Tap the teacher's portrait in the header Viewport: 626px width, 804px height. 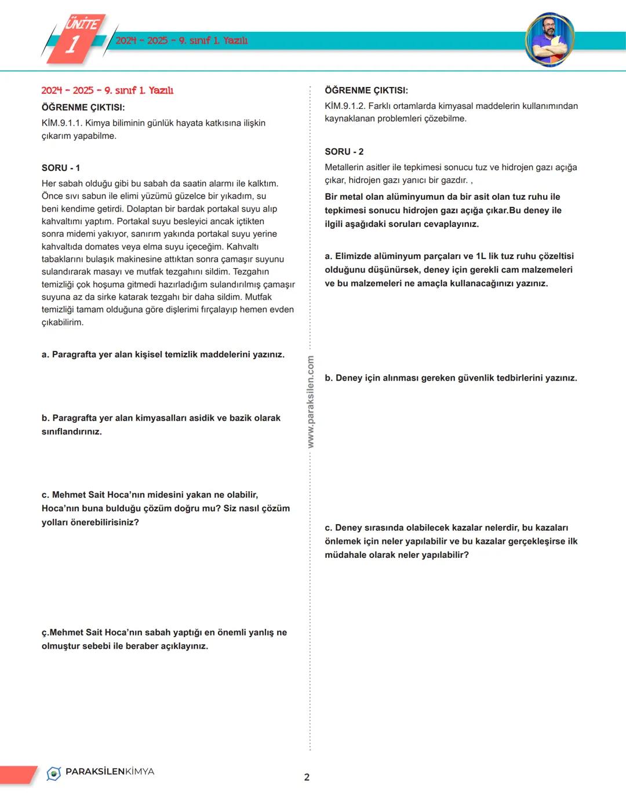pos(549,39)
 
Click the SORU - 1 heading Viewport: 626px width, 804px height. pos(61,168)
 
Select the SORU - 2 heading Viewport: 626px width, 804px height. pos(344,152)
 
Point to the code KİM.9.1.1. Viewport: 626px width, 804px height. pos(62,123)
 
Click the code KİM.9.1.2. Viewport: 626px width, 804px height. pos(345,106)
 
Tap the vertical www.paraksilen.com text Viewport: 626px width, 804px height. pos(311,402)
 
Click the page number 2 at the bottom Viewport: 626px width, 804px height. pos(307,777)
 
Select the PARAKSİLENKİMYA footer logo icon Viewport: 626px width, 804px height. pos(54,773)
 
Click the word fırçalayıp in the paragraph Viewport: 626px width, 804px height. pos(215,310)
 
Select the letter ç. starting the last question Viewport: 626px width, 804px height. pos(45,633)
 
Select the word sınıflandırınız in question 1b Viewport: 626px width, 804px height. pos(71,432)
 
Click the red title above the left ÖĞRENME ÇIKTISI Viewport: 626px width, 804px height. pos(107,90)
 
